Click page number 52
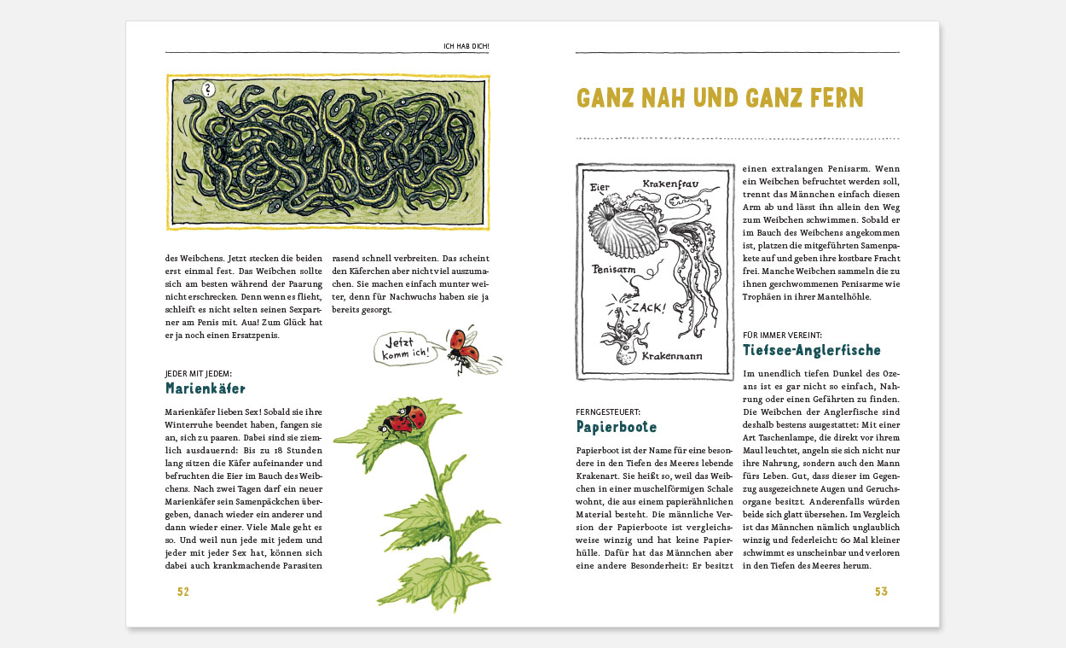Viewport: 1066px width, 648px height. (x=182, y=592)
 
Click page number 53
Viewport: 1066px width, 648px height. (x=881, y=592)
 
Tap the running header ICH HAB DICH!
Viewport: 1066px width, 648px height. (x=466, y=45)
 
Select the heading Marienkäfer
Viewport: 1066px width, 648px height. (x=206, y=388)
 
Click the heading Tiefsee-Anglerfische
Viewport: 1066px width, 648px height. (x=812, y=350)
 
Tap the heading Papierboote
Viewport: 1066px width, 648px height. (x=617, y=426)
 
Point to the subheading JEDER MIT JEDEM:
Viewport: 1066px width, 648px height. (x=199, y=373)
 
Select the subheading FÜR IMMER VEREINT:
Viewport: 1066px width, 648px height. (x=782, y=336)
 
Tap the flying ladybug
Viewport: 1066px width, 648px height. (x=465, y=348)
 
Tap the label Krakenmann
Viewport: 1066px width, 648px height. (x=673, y=354)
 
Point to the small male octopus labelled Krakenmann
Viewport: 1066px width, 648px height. (x=623, y=335)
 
